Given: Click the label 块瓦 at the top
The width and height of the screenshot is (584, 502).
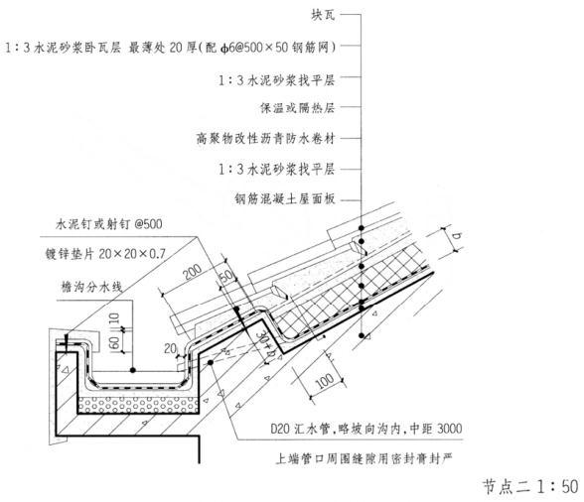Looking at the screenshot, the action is click(324, 15).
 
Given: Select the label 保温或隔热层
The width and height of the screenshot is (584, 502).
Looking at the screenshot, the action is click(298, 108).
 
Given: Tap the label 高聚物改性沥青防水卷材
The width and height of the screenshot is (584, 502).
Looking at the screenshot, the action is click(265, 139).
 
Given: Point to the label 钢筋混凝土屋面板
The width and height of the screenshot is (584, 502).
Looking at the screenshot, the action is click(285, 198).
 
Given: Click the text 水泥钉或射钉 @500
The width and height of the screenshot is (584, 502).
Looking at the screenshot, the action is click(109, 224).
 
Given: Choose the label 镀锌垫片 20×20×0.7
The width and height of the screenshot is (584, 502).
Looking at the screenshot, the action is click(105, 254).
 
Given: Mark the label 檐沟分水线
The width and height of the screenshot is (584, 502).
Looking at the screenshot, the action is click(91, 287).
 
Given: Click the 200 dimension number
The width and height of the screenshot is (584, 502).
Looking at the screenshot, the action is click(193, 272).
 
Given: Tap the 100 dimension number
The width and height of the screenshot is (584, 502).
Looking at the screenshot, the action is click(325, 382).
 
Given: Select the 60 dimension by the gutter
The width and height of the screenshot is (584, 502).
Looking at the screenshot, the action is click(113, 342).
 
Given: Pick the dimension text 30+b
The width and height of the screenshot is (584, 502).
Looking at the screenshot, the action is click(266, 343).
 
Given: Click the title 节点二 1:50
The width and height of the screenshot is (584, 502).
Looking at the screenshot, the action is click(530, 486).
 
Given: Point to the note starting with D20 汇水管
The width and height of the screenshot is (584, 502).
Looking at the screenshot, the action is click(366, 429).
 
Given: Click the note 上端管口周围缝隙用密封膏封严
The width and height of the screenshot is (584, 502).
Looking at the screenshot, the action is click(364, 458).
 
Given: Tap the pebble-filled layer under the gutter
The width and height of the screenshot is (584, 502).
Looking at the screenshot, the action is click(138, 405).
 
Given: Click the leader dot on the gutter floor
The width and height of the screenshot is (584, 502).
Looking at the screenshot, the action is click(133, 370).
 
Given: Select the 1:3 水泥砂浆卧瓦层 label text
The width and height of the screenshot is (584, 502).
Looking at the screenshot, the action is click(63, 48).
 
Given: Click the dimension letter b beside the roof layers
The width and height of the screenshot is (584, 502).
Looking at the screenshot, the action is click(457, 235).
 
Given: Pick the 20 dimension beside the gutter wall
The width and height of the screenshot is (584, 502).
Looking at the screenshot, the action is click(171, 348).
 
